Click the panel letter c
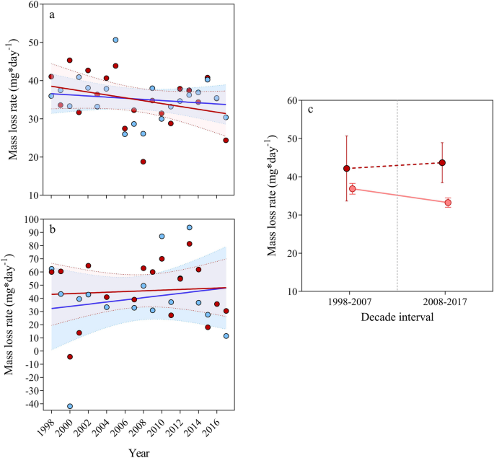[x=310, y=110]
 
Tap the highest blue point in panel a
[x=115, y=40]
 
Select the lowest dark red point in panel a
[x=144, y=162]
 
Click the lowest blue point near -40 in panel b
[x=70, y=407]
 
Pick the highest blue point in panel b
[x=190, y=227]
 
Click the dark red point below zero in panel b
[x=70, y=357]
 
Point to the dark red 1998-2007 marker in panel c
[x=347, y=169]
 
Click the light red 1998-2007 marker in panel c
[x=353, y=189]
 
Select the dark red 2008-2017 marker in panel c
[x=442, y=163]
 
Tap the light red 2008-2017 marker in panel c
[x=448, y=203]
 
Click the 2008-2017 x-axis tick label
[x=444, y=304]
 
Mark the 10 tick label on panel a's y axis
[x=34, y=195]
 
